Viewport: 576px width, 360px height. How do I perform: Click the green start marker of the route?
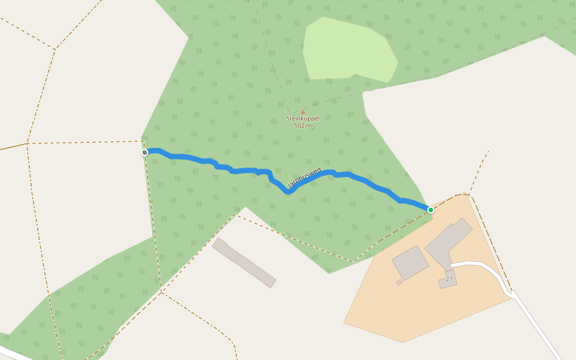point(431,209)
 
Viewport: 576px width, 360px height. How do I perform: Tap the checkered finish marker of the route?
point(145,152)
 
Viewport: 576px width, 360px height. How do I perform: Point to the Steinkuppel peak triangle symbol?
point(303,112)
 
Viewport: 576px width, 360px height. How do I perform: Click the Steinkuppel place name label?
point(303,119)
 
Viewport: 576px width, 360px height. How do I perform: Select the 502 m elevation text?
point(303,126)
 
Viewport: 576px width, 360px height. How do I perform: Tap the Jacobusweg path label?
point(305,178)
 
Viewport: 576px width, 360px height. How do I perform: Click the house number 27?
point(449,279)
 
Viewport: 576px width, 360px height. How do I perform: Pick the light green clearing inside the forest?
point(348,51)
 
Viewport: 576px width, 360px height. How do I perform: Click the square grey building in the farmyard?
point(410,262)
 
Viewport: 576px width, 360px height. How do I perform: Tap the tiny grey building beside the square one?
point(400,282)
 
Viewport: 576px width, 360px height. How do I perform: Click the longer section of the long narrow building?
point(255,271)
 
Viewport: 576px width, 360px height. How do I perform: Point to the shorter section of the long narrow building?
point(225,250)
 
